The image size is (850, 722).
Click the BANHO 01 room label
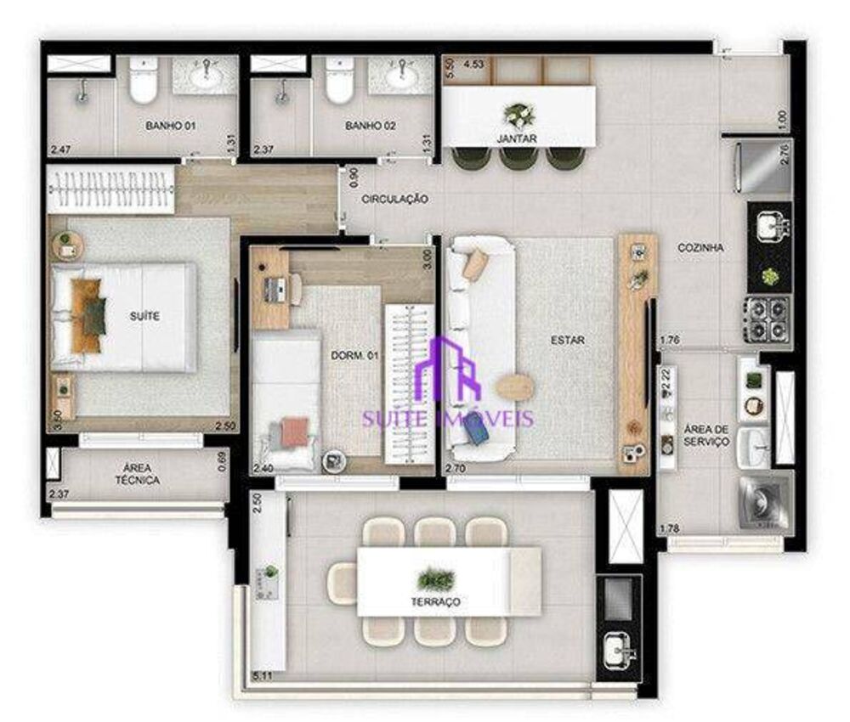[171, 126]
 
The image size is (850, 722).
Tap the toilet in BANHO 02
[339, 82]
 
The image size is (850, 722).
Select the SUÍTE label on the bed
[145, 316]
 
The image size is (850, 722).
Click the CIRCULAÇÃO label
[394, 199]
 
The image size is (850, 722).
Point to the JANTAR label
[518, 138]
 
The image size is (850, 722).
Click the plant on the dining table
[518, 113]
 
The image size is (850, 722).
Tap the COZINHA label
[700, 248]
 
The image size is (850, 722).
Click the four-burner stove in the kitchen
[768, 318]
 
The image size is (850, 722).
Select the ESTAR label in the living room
[567, 340]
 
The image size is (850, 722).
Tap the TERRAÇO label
[439, 601]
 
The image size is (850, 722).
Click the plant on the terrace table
[436, 580]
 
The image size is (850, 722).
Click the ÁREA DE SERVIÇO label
[706, 435]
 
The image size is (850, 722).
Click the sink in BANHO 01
[204, 77]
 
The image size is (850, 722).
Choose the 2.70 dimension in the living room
[456, 467]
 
